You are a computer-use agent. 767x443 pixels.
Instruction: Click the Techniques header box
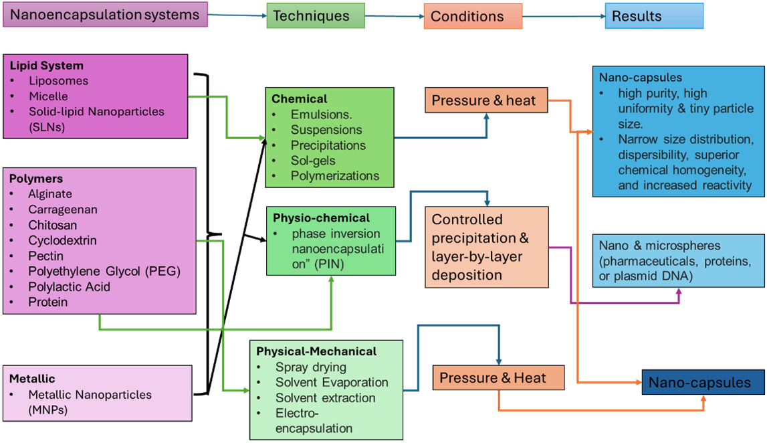[316, 16]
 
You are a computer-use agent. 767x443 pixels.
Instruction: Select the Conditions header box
[472, 16]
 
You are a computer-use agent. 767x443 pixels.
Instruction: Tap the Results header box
[654, 16]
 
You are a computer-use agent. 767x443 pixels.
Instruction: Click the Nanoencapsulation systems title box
[105, 14]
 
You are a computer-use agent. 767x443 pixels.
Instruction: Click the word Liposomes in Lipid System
[58, 81]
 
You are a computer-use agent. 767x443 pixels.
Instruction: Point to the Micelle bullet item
[48, 96]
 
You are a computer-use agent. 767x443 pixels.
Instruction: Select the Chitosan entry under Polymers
[52, 226]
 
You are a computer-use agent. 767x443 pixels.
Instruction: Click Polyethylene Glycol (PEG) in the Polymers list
[104, 271]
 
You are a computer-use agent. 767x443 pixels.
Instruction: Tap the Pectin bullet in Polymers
[45, 256]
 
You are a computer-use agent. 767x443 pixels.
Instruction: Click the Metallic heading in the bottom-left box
[32, 379]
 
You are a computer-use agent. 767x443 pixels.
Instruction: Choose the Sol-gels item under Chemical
[313, 161]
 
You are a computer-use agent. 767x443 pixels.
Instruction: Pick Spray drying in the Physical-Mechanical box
[311, 367]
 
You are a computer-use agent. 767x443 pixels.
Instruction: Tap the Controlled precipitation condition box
[487, 247]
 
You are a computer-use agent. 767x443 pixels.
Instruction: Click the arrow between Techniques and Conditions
[395, 15]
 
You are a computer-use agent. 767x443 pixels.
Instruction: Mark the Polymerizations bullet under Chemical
[334, 176]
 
